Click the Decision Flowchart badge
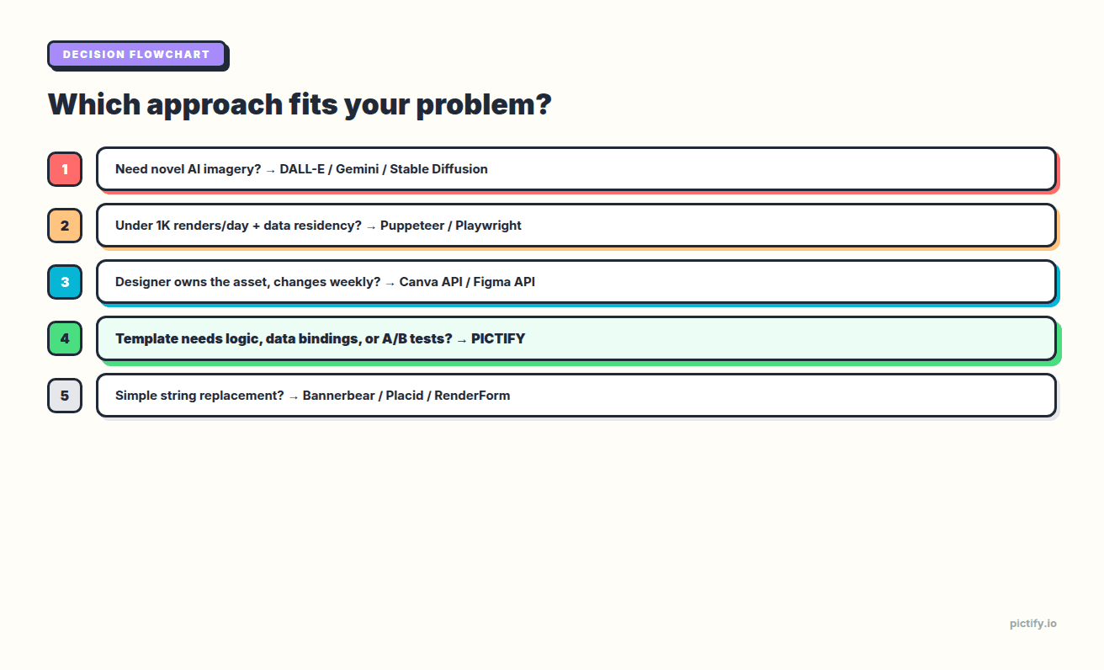pos(136,55)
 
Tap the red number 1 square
pos(65,169)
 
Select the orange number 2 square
pos(65,226)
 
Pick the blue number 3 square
pos(65,282)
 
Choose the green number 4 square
pos(65,338)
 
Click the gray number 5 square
pos(65,395)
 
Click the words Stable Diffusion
pos(438,169)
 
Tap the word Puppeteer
pos(412,226)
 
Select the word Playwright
pos(488,226)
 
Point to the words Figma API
pos(504,282)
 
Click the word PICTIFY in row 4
pos(498,338)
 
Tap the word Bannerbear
pos(339,395)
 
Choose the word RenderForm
pos(472,395)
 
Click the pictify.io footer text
pos(1032,624)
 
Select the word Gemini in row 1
pos(357,169)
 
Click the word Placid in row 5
pos(405,395)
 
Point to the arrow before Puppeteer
pos(371,226)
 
